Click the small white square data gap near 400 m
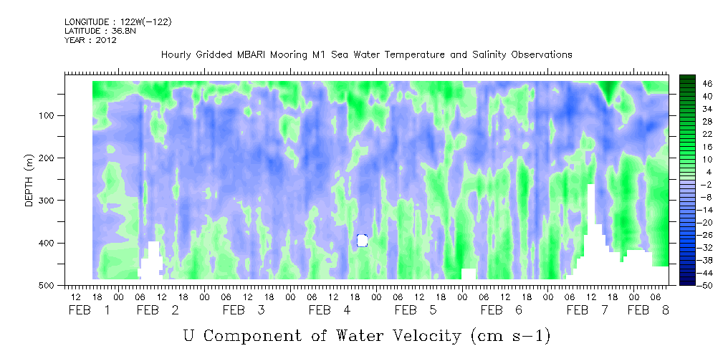click(x=362, y=240)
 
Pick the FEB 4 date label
click(x=330, y=310)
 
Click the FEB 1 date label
click(x=90, y=310)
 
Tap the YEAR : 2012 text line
click(x=90, y=39)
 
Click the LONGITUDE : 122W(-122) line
click(x=118, y=22)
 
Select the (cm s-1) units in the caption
click(x=512, y=336)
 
